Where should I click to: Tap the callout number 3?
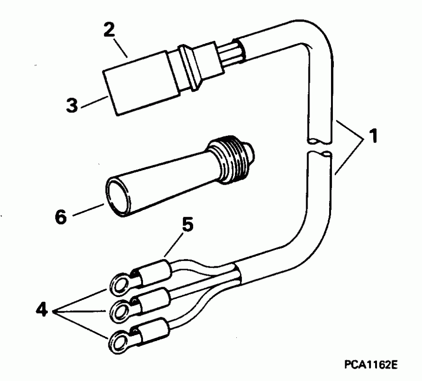pos(72,105)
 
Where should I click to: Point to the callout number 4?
pos(42,310)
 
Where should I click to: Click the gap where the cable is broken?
pos(321,147)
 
